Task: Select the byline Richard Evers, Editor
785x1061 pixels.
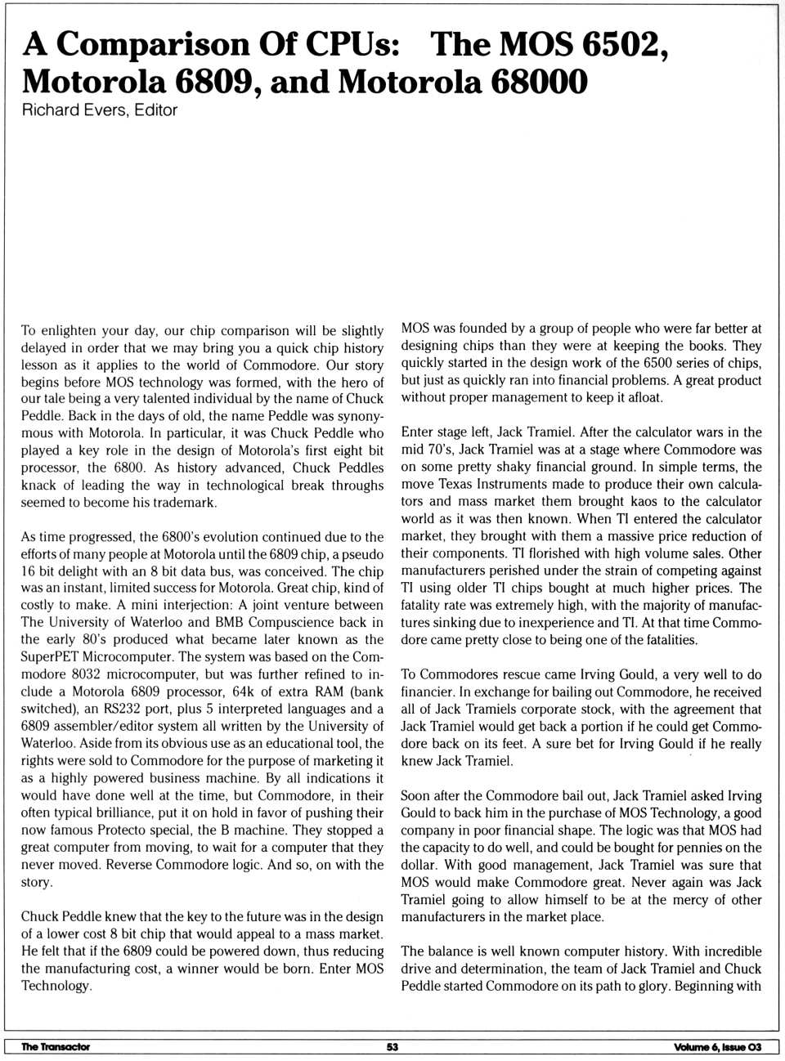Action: [x=99, y=110]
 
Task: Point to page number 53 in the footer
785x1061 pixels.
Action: [x=392, y=1047]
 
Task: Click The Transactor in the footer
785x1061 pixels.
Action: [x=56, y=1047]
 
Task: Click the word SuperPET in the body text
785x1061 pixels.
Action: [x=50, y=657]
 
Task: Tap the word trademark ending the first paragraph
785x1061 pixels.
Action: [x=182, y=503]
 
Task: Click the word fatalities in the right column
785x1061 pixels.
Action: [x=666, y=639]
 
